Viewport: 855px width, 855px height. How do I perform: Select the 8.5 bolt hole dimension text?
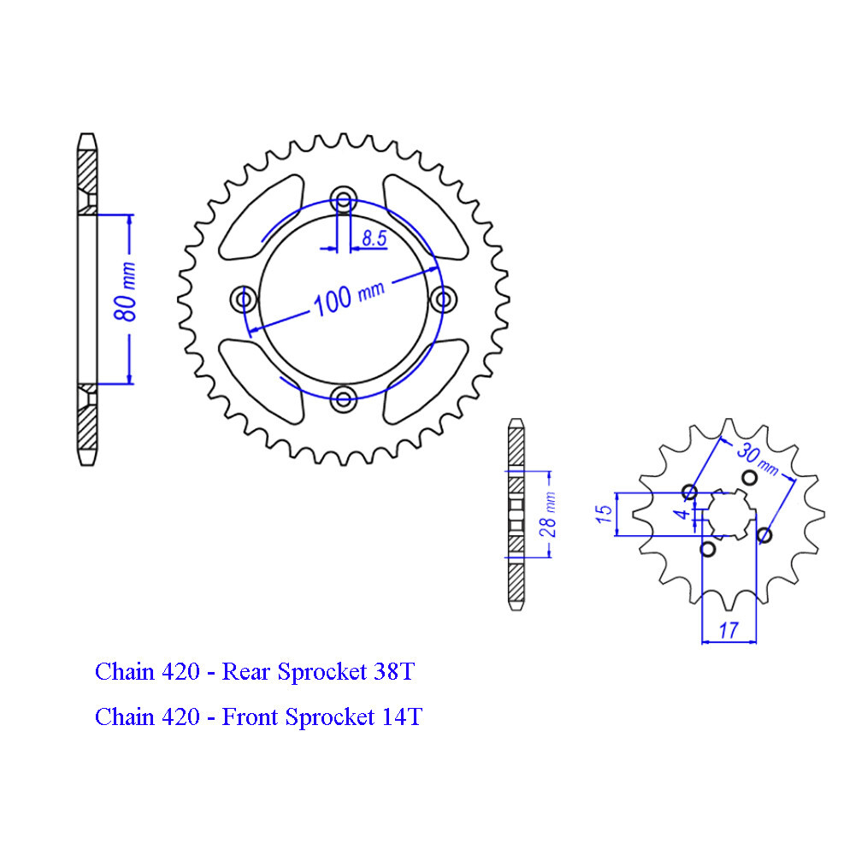[374, 239]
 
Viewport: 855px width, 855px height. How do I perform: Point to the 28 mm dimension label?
[548, 513]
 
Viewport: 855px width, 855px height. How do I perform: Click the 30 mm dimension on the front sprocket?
[758, 458]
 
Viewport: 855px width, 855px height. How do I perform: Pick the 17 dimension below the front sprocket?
[728, 631]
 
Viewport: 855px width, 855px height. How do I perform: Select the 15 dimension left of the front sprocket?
[604, 515]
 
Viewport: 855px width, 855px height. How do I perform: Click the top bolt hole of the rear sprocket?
[344, 202]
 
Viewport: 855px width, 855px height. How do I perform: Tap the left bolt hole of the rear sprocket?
[245, 299]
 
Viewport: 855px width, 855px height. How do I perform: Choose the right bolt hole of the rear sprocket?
[442, 299]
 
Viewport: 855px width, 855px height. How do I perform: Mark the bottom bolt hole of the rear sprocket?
[344, 397]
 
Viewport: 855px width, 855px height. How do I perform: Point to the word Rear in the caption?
[246, 672]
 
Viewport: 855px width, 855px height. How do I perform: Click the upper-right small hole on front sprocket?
[748, 476]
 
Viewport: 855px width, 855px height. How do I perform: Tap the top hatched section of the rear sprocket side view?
[86, 175]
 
